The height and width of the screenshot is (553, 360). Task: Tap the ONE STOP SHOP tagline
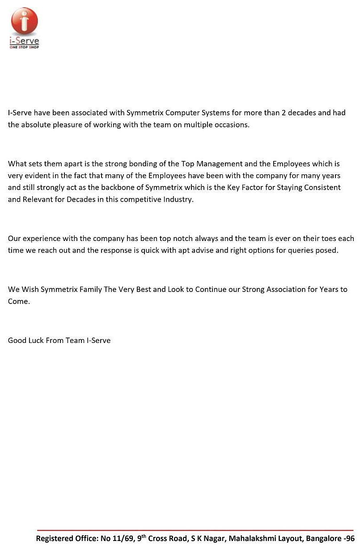click(x=24, y=47)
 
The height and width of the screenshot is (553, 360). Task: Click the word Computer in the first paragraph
click(x=179, y=113)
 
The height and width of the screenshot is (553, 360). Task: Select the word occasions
click(x=230, y=125)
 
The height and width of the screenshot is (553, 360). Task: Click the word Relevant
click(x=37, y=199)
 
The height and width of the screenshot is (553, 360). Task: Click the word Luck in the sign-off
click(x=36, y=340)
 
